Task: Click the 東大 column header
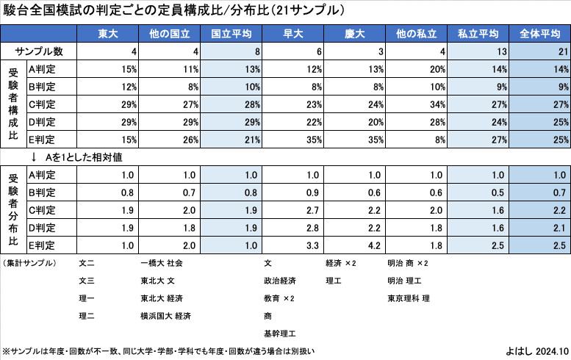pos(107,34)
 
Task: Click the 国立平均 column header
pos(231,34)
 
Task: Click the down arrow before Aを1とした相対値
pos(34,157)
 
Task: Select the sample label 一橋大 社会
pos(162,262)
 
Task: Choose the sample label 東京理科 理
pos(409,298)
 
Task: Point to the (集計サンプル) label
pos(29,262)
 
